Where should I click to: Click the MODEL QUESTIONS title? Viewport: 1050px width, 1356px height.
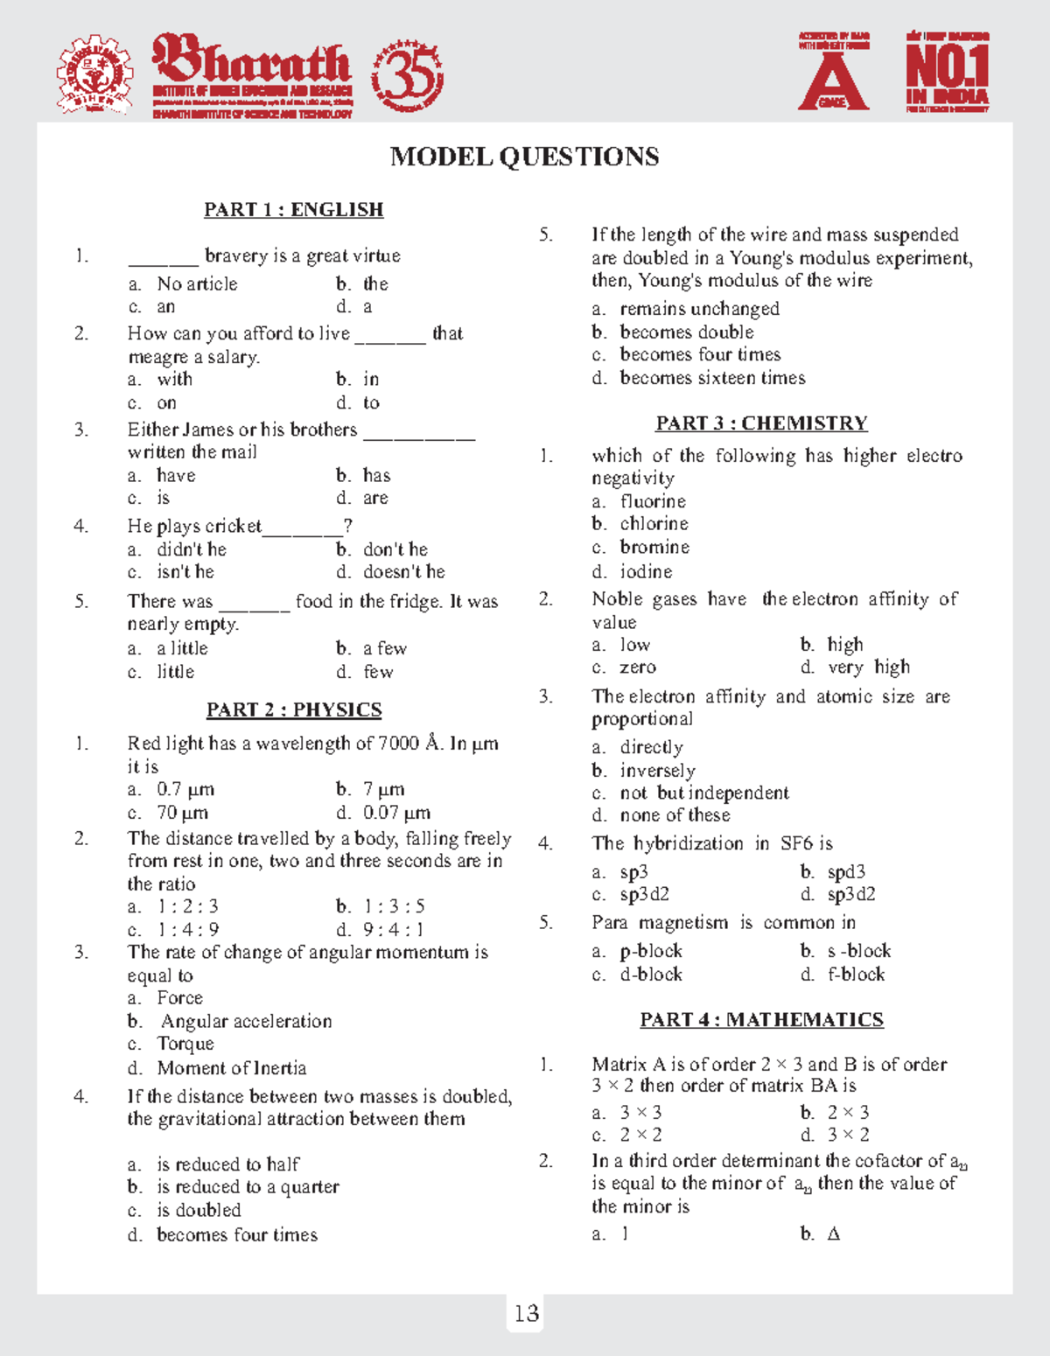pyautogui.click(x=524, y=157)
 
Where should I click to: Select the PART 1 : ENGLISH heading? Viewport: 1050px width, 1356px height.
pyautogui.click(x=293, y=210)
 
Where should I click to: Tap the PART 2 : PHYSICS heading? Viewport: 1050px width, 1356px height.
pyautogui.click(x=294, y=709)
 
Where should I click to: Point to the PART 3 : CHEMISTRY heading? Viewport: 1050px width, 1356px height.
pyautogui.click(x=761, y=423)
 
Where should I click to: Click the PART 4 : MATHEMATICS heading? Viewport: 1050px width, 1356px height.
pyautogui.click(x=761, y=1020)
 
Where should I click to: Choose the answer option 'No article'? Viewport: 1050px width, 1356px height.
pyautogui.click(x=197, y=284)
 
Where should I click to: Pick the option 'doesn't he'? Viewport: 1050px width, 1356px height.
pyautogui.click(x=403, y=572)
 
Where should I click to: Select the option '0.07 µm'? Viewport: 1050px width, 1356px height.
pyautogui.click(x=396, y=813)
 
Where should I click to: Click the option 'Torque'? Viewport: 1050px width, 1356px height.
pyautogui.click(x=185, y=1044)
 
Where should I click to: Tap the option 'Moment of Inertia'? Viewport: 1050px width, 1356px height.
pyautogui.click(x=232, y=1068)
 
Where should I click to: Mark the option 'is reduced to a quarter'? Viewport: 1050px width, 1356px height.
pyautogui.click(x=248, y=1187)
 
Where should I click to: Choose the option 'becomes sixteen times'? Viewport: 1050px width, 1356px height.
pyautogui.click(x=712, y=378)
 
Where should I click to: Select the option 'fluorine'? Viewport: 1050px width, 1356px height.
pyautogui.click(x=653, y=501)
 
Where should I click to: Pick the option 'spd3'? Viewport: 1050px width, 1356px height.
pyautogui.click(x=846, y=872)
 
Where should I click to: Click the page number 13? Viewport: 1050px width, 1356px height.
pyautogui.click(x=526, y=1314)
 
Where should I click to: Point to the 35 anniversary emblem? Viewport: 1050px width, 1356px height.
pyautogui.click(x=408, y=76)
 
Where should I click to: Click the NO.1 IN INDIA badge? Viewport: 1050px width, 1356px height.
pyautogui.click(x=948, y=73)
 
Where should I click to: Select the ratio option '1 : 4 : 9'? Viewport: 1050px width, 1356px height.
pyautogui.click(x=188, y=930)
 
